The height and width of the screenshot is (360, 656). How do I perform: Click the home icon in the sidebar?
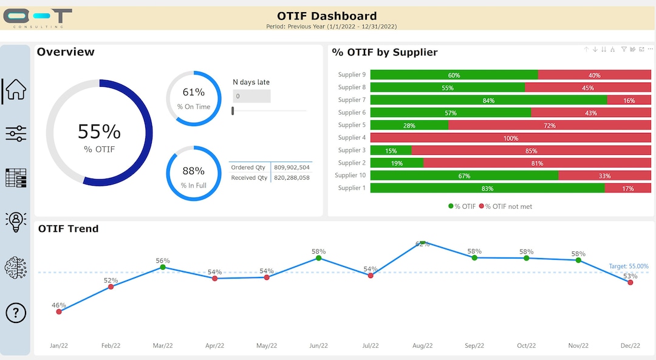pyautogui.click(x=16, y=90)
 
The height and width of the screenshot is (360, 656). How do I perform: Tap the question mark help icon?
pyautogui.click(x=16, y=313)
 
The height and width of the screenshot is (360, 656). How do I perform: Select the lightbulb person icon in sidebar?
pyautogui.click(x=16, y=222)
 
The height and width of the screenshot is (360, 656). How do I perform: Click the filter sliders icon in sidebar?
pyautogui.click(x=16, y=134)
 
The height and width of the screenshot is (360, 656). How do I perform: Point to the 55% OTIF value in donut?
pyautogui.click(x=99, y=132)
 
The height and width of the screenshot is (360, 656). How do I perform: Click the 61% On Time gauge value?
pyautogui.click(x=194, y=92)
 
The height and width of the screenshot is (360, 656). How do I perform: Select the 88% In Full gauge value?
pyautogui.click(x=194, y=171)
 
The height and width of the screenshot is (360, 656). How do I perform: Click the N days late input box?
pyautogui.click(x=251, y=96)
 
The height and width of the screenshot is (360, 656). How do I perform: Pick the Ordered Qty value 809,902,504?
pyautogui.click(x=292, y=167)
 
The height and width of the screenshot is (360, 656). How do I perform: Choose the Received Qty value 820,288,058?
pyautogui.click(x=292, y=178)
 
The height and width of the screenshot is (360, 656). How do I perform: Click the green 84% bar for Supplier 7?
pyautogui.click(x=488, y=100)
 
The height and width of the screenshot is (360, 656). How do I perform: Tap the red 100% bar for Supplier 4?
pyautogui.click(x=510, y=138)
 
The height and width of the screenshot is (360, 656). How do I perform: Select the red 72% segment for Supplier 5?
pyautogui.click(x=549, y=125)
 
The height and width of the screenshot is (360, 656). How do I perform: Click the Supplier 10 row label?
pyautogui.click(x=350, y=175)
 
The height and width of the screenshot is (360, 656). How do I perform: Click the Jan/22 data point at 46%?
pyautogui.click(x=59, y=311)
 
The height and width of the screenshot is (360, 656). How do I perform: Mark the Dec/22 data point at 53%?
pyautogui.click(x=630, y=282)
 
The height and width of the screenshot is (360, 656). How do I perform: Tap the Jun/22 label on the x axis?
pyautogui.click(x=318, y=345)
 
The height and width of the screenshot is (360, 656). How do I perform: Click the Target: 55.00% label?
pyautogui.click(x=629, y=267)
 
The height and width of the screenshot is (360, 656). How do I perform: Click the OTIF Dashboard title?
pyautogui.click(x=327, y=16)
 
